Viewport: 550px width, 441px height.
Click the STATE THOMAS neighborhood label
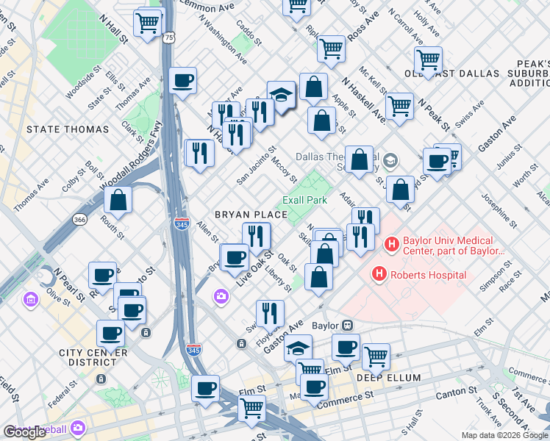[x=67, y=129]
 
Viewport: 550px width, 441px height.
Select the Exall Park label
[x=304, y=200]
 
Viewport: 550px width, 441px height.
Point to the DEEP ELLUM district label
[x=388, y=378]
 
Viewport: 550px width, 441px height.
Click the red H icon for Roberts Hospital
[x=379, y=275]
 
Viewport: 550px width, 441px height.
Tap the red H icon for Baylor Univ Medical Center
[x=391, y=243]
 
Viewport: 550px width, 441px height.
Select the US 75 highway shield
[x=169, y=37]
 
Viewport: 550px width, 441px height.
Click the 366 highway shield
[x=80, y=219]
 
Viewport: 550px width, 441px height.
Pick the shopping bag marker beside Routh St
[x=118, y=199]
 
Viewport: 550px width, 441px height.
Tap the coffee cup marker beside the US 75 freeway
[x=182, y=80]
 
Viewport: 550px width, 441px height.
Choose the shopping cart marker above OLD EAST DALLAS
[x=427, y=60]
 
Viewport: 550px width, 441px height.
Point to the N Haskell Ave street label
[x=362, y=96]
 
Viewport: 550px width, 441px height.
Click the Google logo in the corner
[x=24, y=431]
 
